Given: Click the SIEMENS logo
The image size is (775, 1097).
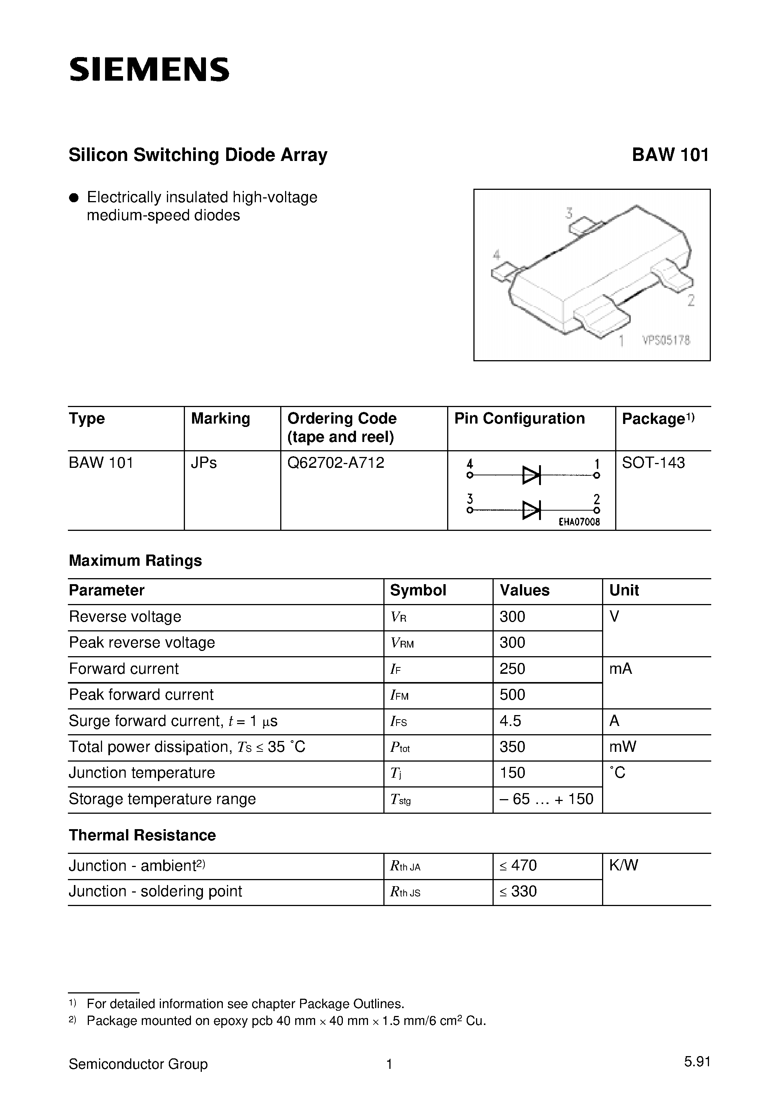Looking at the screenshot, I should pyautogui.click(x=149, y=70).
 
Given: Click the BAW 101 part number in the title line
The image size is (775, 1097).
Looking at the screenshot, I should pyautogui.click(x=670, y=155).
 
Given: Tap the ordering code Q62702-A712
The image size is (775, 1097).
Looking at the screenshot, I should pyautogui.click(x=335, y=463).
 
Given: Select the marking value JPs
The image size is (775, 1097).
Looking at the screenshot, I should pyautogui.click(x=204, y=463).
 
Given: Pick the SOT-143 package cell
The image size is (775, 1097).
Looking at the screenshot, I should pyautogui.click(x=653, y=463).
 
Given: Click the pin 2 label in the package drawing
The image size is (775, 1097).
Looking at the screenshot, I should pyautogui.click(x=691, y=301).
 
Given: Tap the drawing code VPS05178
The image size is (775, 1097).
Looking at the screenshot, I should pyautogui.click(x=666, y=340).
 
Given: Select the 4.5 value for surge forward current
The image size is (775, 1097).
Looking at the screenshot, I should pyautogui.click(x=510, y=720).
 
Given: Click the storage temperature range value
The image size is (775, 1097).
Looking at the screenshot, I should pyautogui.click(x=546, y=798).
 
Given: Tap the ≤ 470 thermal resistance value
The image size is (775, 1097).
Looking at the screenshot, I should pyautogui.click(x=518, y=865).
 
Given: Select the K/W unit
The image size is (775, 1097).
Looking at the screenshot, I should pyautogui.click(x=623, y=865).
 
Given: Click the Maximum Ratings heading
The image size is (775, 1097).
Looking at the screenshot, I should pyautogui.click(x=135, y=561).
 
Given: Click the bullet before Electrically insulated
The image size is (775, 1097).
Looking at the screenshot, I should pyautogui.click(x=74, y=198).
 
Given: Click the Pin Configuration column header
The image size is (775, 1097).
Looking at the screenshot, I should pyautogui.click(x=520, y=419).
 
